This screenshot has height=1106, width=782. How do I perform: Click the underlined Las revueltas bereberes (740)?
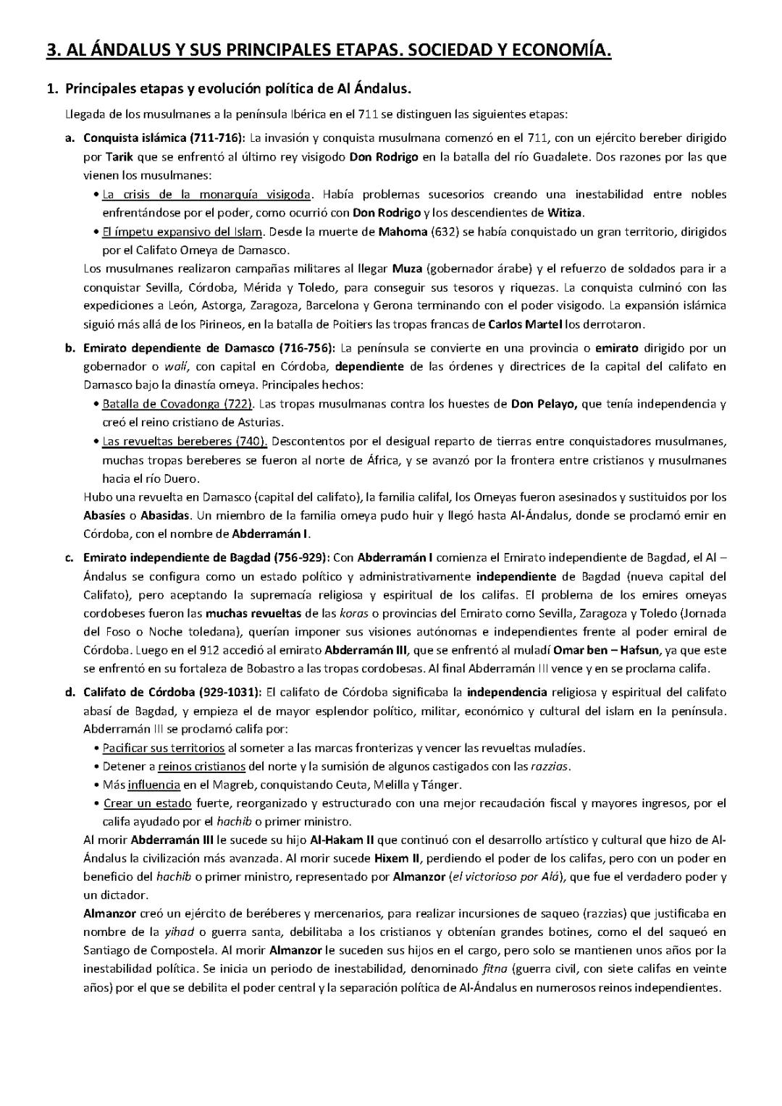[185, 441]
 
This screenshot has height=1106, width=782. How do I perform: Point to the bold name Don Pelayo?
[544, 404]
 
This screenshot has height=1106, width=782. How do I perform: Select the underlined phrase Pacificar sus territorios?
[164, 748]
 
